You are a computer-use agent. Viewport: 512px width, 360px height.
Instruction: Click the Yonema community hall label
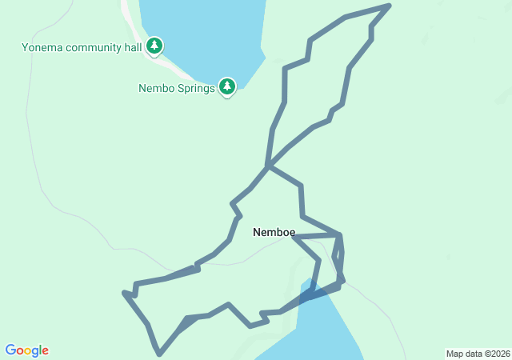[82, 47]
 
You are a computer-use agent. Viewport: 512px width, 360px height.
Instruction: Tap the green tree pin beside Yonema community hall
[154, 46]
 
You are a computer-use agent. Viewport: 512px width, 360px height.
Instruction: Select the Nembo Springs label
[176, 88]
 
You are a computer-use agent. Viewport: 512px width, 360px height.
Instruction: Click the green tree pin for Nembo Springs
[227, 86]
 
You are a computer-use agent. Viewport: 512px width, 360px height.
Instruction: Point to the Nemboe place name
[274, 233]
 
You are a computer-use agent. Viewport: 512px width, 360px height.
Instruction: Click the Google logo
[26, 350]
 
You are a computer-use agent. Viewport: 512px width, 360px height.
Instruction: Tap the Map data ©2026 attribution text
[477, 354]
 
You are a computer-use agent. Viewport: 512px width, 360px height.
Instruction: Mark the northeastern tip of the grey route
[389, 6]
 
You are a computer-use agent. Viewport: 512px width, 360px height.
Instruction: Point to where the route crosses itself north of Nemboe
[269, 166]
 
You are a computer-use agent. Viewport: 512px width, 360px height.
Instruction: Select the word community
[95, 47]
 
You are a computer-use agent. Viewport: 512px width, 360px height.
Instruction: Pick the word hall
[134, 47]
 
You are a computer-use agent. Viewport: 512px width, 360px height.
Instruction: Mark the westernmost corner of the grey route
[124, 293]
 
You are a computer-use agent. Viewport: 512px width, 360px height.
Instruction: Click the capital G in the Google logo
[10, 350]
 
